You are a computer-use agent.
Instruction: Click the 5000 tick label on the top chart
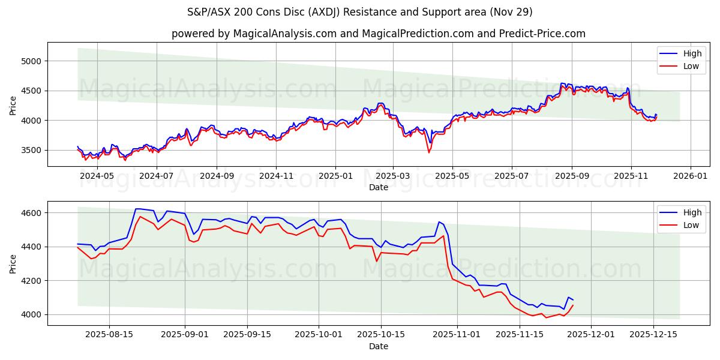[x=30, y=61]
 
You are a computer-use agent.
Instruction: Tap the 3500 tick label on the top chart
[x=30, y=150]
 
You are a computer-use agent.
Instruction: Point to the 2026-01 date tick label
[x=690, y=176]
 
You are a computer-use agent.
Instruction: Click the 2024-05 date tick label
[x=97, y=176]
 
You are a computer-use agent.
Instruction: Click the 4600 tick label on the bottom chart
[x=30, y=213]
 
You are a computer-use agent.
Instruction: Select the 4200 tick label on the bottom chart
[x=30, y=281]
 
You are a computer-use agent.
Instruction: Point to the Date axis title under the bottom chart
[x=378, y=346]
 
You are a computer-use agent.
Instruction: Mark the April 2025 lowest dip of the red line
[x=428, y=152]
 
